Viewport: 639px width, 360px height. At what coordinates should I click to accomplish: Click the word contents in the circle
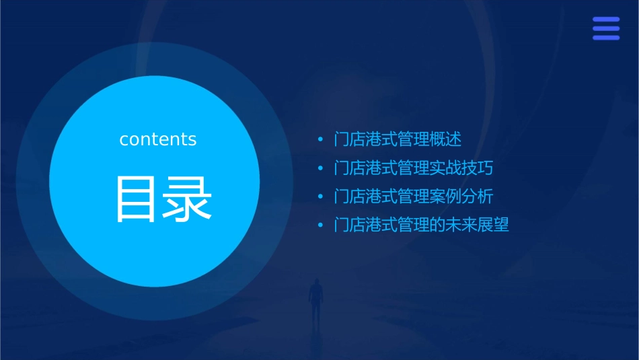point(157,139)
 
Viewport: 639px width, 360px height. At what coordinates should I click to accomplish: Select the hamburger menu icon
point(606,28)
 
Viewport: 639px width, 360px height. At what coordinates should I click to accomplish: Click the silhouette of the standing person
point(315,299)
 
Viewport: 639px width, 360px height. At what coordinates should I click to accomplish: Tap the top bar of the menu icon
point(606,20)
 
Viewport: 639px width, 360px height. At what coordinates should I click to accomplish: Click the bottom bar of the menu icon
point(606,38)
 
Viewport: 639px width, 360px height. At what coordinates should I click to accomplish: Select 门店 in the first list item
point(350,140)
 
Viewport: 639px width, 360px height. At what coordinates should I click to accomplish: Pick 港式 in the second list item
point(381,168)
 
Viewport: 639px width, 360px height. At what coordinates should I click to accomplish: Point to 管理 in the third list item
point(413,196)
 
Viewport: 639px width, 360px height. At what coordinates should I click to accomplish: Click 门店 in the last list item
point(350,225)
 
